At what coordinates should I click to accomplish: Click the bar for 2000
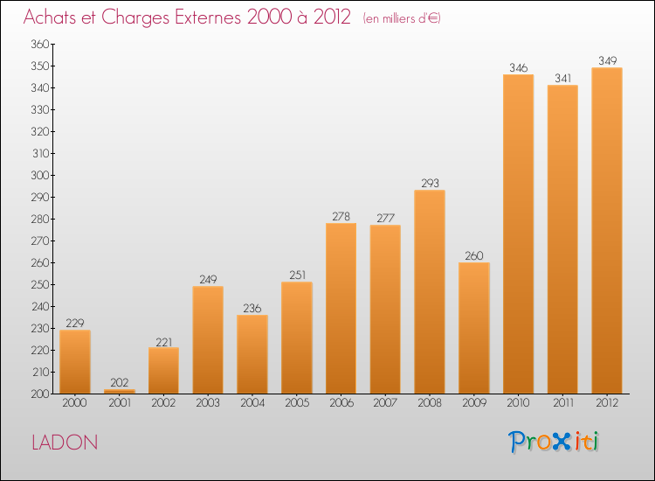click(74, 361)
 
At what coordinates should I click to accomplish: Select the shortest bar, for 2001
click(119, 391)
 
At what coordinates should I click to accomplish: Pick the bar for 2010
click(518, 234)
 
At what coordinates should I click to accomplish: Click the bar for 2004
click(252, 354)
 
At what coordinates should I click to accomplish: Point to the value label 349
click(607, 60)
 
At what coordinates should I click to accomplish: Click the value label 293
click(429, 183)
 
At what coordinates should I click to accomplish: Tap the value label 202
click(119, 382)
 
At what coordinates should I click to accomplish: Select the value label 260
click(473, 255)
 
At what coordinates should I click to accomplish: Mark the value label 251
click(296, 275)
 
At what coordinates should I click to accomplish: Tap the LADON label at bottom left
click(65, 443)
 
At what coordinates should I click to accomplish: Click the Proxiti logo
click(553, 442)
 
